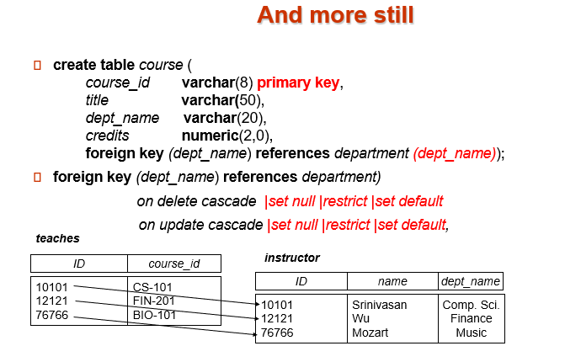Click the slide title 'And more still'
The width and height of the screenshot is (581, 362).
(x=335, y=15)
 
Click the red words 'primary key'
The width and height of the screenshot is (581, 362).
(x=299, y=83)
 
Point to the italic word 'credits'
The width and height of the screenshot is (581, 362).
(x=108, y=136)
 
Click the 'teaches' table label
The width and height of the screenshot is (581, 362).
(x=57, y=239)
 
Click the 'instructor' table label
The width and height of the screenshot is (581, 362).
(x=292, y=258)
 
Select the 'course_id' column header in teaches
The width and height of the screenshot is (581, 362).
(x=173, y=264)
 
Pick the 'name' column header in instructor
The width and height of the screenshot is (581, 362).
(x=392, y=281)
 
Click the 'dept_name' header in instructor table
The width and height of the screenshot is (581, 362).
(x=472, y=281)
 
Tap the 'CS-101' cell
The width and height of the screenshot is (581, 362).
(x=152, y=287)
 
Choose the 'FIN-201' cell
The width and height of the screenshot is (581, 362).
(x=154, y=301)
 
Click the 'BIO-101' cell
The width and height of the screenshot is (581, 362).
(x=154, y=315)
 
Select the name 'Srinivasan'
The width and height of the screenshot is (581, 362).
(x=379, y=305)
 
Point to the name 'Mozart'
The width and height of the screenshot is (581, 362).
(x=370, y=333)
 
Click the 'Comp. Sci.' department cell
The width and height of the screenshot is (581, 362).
(x=472, y=305)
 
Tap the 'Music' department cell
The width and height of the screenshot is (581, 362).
(x=472, y=333)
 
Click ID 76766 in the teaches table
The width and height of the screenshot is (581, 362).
(x=52, y=315)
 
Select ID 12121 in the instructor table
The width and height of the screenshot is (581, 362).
(x=278, y=319)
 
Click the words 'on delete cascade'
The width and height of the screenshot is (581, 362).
(x=196, y=202)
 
